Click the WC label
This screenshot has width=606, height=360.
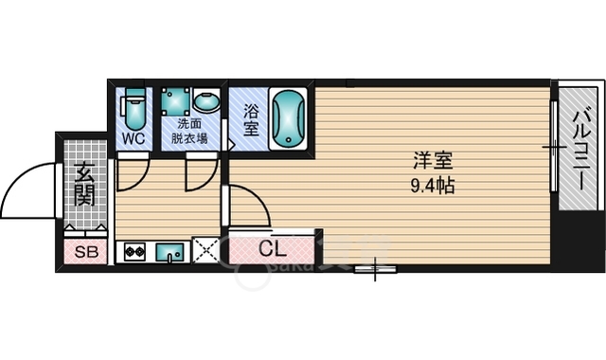click(x=134, y=138)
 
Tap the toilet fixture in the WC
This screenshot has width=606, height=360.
click(x=134, y=110)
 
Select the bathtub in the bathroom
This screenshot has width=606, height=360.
click(x=288, y=118)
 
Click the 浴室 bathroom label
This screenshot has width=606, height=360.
click(x=251, y=120)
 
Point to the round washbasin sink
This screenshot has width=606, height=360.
click(x=206, y=101)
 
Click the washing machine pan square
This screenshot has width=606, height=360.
click(x=176, y=101)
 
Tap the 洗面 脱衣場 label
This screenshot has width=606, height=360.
click(x=189, y=131)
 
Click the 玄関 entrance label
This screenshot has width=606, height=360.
click(x=84, y=185)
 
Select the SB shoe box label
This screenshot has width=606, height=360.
click(x=86, y=252)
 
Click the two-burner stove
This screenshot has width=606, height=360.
click(x=134, y=252)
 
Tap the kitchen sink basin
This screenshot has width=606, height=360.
click(x=170, y=253)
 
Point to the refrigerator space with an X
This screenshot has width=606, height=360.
click(x=206, y=250)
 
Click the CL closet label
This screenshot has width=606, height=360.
click(x=273, y=249)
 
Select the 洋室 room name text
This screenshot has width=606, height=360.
click(x=433, y=160)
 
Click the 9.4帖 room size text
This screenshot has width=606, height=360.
click(x=432, y=187)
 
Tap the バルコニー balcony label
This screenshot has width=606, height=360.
click(x=582, y=148)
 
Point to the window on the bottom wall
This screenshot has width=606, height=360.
click(x=375, y=269)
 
